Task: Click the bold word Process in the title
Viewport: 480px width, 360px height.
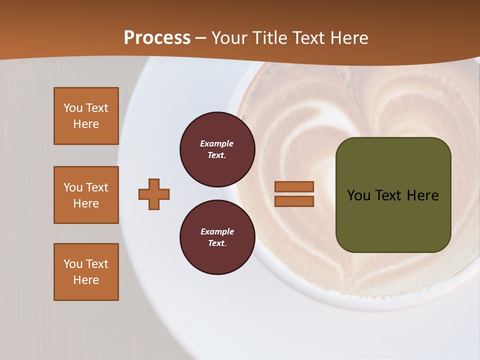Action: [x=157, y=38]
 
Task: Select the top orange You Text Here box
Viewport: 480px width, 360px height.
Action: [x=86, y=116]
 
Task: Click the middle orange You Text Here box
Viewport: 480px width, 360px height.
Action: [x=86, y=195]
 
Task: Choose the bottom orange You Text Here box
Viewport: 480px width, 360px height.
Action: [x=86, y=272]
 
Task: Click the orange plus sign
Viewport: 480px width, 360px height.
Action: [x=154, y=194]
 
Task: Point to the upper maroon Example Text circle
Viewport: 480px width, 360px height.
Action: [x=217, y=149]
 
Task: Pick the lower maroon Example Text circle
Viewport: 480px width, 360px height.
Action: [x=217, y=237]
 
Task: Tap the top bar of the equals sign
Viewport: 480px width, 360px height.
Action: [x=294, y=187]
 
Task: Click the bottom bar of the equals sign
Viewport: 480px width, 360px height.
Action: [x=294, y=201]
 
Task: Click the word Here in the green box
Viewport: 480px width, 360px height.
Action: [x=422, y=195]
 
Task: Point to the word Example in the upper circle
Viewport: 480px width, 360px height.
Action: [x=217, y=143]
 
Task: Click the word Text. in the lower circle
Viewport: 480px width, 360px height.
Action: [x=217, y=243]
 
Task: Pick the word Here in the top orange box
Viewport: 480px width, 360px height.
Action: [x=86, y=124]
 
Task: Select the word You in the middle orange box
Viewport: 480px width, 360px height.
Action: [x=73, y=187]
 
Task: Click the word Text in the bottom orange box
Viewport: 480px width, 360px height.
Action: [x=97, y=264]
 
